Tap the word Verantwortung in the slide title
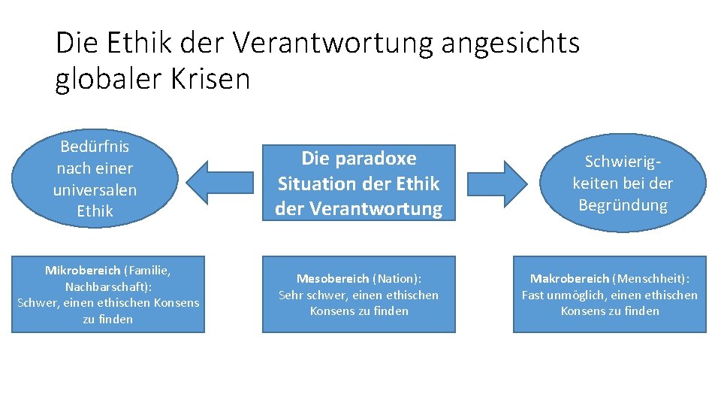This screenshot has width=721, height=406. tap(333, 43)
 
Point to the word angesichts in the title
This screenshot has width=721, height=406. tap(511, 43)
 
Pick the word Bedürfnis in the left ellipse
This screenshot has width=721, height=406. tap(95, 147)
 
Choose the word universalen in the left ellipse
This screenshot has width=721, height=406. tap(95, 189)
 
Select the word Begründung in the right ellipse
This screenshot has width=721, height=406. tap(623, 205)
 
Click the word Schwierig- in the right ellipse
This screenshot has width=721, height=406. tap(623, 162)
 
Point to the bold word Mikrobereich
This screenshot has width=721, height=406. tap(83, 270)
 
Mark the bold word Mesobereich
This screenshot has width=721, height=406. tap(333, 279)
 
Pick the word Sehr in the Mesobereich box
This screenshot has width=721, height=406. tap(291, 295)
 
